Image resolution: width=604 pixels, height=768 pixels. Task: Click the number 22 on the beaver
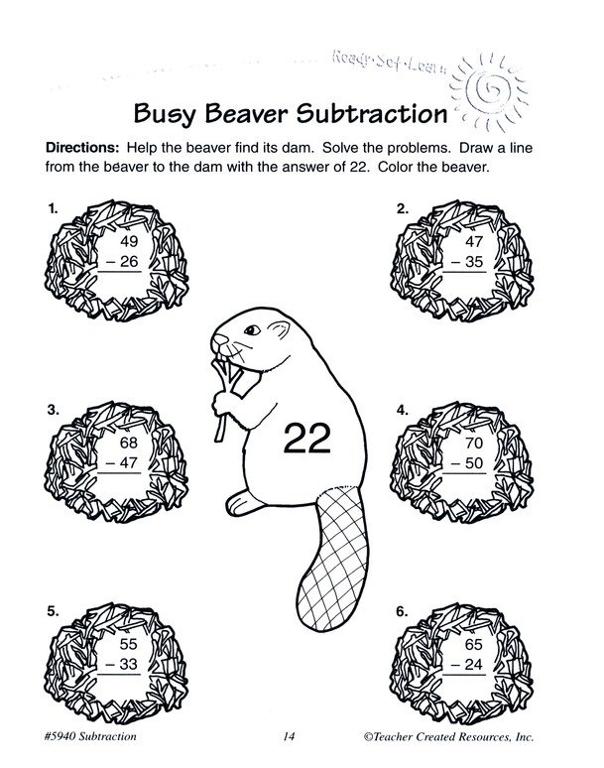click(x=306, y=437)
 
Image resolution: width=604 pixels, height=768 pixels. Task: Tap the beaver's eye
click(x=252, y=329)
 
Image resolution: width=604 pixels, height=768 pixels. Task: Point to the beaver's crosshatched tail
click(x=333, y=559)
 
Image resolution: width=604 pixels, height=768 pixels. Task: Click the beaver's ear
click(x=280, y=329)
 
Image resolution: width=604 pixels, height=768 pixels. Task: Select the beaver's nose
click(x=219, y=338)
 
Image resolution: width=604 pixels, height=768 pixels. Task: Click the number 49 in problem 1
click(x=129, y=241)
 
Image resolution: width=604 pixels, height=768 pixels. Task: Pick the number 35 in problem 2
click(x=474, y=262)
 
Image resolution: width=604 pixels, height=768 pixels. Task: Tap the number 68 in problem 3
click(x=129, y=443)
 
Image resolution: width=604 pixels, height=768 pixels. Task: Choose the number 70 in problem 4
click(x=474, y=443)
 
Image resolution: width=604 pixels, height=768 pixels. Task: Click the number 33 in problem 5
click(x=129, y=664)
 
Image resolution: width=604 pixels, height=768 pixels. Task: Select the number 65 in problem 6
click(x=474, y=644)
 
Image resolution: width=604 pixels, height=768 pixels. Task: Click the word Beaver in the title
click(x=246, y=113)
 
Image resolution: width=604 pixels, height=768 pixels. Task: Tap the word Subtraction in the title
click(x=372, y=113)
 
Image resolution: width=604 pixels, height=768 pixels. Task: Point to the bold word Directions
click(x=82, y=148)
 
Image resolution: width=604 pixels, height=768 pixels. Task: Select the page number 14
click(x=289, y=736)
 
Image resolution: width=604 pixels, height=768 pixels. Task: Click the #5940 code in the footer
click(x=60, y=736)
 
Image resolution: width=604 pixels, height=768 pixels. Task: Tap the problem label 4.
click(x=403, y=411)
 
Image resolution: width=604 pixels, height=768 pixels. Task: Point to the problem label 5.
click(x=53, y=611)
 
